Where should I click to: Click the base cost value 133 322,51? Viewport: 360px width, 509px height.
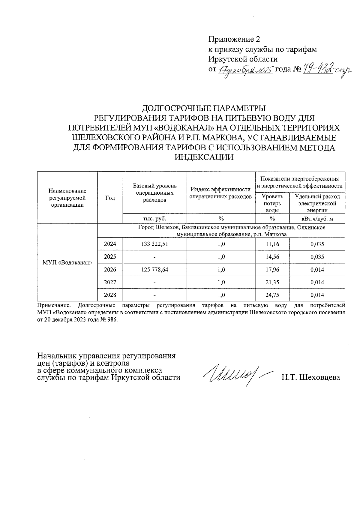[x=154, y=244]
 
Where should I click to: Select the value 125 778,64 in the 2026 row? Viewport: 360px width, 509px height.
[x=154, y=270]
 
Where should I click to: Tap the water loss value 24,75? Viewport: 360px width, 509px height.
[x=272, y=295]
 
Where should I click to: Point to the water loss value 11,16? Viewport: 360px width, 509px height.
[x=272, y=244]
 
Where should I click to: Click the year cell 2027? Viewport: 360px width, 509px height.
[x=110, y=282]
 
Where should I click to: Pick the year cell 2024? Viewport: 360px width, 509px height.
[x=110, y=244]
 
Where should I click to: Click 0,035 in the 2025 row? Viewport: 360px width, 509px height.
[x=317, y=257]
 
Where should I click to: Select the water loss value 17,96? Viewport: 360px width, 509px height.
[x=272, y=270]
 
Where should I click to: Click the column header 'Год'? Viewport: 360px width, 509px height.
[x=110, y=198]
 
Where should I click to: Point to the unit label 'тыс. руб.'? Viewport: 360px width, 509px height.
[x=154, y=219]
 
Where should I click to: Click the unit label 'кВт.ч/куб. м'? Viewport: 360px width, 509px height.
[x=317, y=219]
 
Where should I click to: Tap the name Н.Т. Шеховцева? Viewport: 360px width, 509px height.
[x=310, y=377]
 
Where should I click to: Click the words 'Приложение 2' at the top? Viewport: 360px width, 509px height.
[x=234, y=39]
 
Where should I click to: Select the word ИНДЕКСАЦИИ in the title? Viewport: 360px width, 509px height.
[x=204, y=157]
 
